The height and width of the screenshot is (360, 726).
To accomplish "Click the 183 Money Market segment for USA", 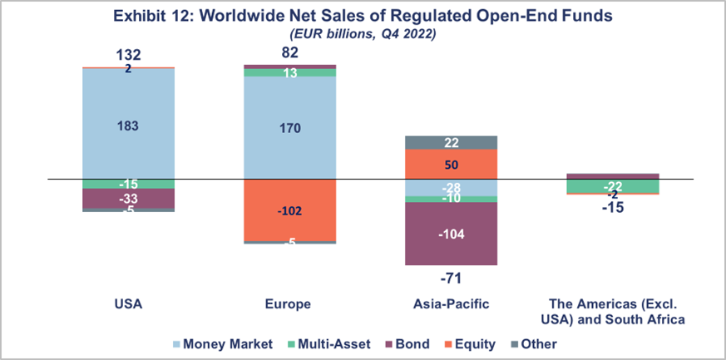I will point(128,125).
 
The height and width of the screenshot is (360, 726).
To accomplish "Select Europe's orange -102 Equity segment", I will point(289,210).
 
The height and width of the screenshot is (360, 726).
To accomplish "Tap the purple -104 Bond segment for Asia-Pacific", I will point(450,234).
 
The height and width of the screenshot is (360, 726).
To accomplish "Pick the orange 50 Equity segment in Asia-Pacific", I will point(450,164).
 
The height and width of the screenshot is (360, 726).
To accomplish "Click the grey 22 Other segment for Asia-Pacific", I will point(450,142).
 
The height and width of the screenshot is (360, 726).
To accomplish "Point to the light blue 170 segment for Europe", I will point(289,128).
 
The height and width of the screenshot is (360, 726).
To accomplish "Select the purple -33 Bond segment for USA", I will point(128,199).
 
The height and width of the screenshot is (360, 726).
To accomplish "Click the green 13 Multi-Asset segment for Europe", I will point(289,73).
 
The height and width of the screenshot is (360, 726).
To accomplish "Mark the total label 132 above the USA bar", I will point(128,55).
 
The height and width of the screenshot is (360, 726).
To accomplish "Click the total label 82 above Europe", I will point(289,53).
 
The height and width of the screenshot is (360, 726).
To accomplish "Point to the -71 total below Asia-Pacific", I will point(450,277).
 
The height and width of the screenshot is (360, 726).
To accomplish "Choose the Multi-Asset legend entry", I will point(321,343).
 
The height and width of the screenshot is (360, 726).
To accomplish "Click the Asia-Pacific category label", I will point(450,304).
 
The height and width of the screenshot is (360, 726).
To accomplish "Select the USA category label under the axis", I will point(128,304).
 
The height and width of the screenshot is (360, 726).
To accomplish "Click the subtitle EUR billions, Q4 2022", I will point(363,34).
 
